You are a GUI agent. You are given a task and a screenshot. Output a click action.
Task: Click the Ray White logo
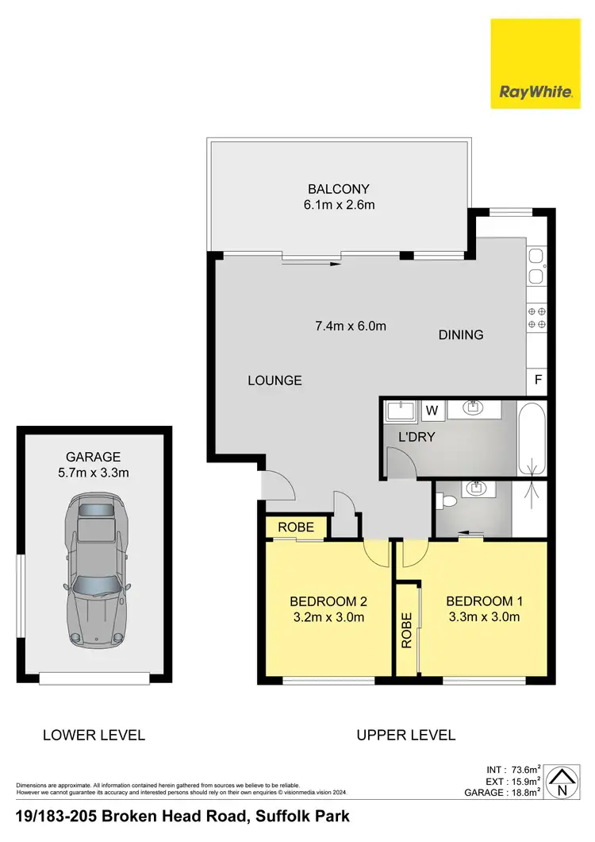pos(535,63)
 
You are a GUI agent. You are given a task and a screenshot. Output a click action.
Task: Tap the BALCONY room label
pos(339,189)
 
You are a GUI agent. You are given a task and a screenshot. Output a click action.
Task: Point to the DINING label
pos(461,335)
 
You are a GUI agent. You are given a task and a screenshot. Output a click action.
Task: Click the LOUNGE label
pos(274,380)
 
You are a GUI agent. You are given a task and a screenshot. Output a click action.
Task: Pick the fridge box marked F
pos(538,380)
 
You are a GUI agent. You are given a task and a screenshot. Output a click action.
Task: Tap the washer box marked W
pos(432,411)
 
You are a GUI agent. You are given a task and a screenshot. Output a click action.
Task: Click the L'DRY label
pos(416,437)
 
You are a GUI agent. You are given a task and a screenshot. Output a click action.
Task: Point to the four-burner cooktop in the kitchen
pos(537,318)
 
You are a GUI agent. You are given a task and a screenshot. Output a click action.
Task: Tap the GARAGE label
pos(94,457)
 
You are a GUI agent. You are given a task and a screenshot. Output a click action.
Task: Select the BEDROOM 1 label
pos(484,601)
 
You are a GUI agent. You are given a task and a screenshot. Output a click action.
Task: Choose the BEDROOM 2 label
pos(328,601)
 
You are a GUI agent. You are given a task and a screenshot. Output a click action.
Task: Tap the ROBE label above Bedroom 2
pos(296,527)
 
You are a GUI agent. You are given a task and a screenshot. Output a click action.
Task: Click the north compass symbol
pos(562,783)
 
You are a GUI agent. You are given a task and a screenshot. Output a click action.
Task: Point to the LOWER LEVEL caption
pos(94,735)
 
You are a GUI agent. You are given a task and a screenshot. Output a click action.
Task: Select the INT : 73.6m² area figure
pos(513,769)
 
